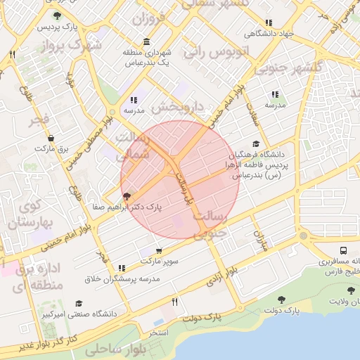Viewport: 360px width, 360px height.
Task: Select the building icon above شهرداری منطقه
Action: (x=146, y=41)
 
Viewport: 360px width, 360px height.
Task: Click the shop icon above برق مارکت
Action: (x=51, y=138)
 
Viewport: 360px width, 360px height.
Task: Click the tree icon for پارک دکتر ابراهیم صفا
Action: (x=126, y=197)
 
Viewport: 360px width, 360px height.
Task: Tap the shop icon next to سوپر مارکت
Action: (x=159, y=250)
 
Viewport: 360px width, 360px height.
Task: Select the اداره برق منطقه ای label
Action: (x=39, y=277)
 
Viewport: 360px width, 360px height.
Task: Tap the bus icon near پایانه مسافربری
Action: (x=343, y=250)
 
